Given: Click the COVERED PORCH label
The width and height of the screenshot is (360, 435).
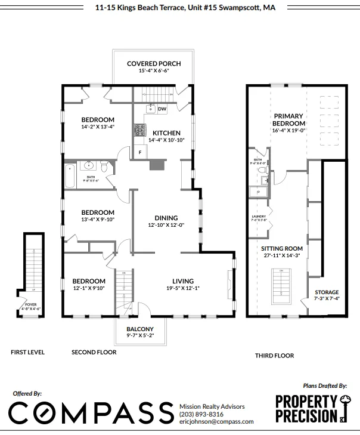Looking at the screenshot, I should pos(154,64).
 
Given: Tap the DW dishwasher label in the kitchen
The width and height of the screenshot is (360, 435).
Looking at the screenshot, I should pos(162,109).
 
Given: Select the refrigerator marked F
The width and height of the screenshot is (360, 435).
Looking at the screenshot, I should pos(140,152).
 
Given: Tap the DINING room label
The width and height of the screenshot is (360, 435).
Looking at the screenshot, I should pos(166,218).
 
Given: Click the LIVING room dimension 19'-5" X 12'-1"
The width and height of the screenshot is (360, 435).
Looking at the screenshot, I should pos(184,289).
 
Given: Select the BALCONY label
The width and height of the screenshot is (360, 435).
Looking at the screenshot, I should pos(140,329).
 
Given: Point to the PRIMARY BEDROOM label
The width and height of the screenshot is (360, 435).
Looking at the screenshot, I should pos(288,119).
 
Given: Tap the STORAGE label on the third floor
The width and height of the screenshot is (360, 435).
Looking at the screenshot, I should pos(327,292).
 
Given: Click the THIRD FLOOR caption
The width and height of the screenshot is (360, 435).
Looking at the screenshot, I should pos(275,356).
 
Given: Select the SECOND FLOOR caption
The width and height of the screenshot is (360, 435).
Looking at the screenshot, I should pos(94,352).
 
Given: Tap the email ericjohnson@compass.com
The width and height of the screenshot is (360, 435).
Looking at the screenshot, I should pos(212,421).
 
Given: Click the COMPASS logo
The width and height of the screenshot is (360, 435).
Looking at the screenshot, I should pos(89,414).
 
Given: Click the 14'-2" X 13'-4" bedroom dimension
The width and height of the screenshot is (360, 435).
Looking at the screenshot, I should pos(98,127).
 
